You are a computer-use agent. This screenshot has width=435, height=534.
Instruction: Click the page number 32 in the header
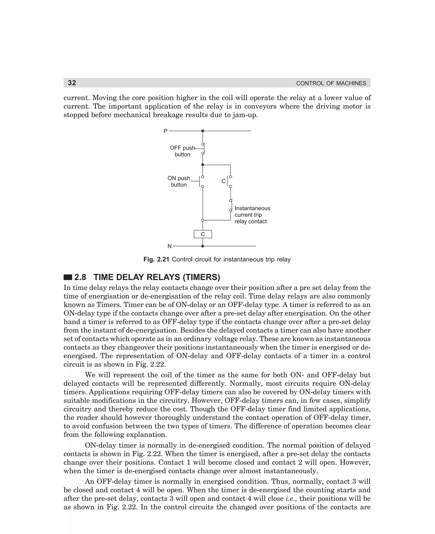tap(72, 83)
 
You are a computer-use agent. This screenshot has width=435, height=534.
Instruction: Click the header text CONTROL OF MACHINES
tap(331, 83)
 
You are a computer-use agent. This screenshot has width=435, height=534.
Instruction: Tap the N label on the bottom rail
tap(169, 246)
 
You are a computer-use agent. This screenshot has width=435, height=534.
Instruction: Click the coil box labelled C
tap(203, 234)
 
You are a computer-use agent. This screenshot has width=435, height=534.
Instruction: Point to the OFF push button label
tap(182, 151)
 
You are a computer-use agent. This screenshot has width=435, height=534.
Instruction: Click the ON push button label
tap(179, 181)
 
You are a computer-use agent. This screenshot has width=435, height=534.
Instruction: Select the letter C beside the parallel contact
tap(223, 181)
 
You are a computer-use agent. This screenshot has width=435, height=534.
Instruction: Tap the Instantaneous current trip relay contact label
tap(252, 215)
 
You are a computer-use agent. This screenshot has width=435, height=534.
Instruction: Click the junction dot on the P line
tap(203, 131)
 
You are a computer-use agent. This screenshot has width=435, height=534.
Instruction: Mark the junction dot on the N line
tap(203, 246)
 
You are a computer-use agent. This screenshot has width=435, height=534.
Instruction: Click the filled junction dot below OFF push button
tap(203, 165)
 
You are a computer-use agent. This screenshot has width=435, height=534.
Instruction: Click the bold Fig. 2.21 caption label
tap(156, 260)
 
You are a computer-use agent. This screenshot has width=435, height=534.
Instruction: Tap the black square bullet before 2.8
tap(68, 277)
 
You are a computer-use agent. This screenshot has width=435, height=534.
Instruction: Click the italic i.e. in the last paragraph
tap(291, 499)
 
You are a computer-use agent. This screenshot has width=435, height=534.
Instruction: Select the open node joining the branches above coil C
tap(203, 220)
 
